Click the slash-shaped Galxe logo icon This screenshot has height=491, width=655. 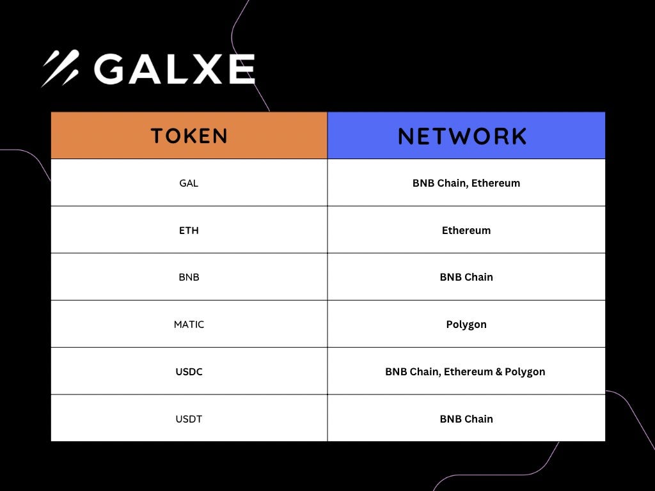pyautogui.click(x=60, y=68)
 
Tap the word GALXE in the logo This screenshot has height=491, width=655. pyautogui.click(x=174, y=69)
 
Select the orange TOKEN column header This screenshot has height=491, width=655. pyautogui.click(x=189, y=136)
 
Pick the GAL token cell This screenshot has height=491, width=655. pyautogui.click(x=189, y=183)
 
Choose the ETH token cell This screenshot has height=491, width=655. pyautogui.click(x=189, y=230)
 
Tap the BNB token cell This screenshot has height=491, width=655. pyautogui.click(x=189, y=277)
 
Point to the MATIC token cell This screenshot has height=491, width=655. pyautogui.click(x=189, y=325)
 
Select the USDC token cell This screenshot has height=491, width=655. pyautogui.click(x=189, y=371)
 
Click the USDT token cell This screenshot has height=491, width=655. pyautogui.click(x=189, y=419)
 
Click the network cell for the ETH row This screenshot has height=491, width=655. pyautogui.click(x=466, y=230)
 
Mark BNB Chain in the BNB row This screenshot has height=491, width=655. pyautogui.click(x=466, y=277)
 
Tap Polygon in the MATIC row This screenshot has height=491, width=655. pyautogui.click(x=466, y=325)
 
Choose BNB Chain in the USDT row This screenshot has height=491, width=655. pyautogui.click(x=466, y=419)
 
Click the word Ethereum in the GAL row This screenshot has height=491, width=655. pyautogui.click(x=495, y=183)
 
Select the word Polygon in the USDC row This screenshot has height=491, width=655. pyautogui.click(x=525, y=372)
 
